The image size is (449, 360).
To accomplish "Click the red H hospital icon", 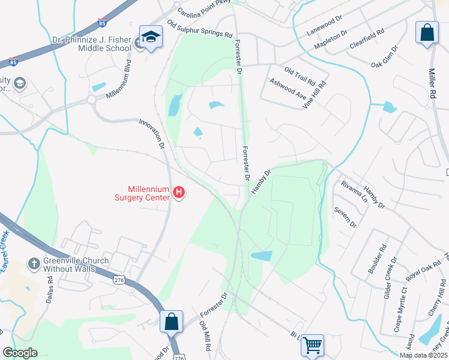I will [x=178, y=193].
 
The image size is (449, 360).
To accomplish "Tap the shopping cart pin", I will [x=312, y=345].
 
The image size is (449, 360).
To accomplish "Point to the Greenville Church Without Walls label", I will [x=76, y=265].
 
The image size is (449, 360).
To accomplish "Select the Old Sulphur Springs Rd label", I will [x=200, y=29].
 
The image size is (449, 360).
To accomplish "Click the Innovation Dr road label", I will [x=151, y=133].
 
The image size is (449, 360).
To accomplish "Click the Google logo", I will [x=20, y=353].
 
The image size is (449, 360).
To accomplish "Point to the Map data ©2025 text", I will [x=423, y=355].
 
